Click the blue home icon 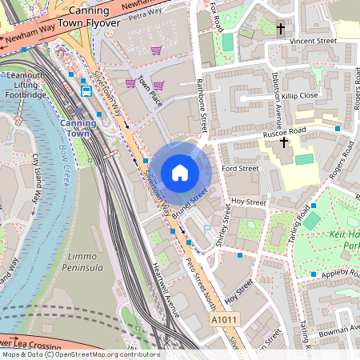point(180,173)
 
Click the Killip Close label point(298,95)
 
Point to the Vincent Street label point(313,40)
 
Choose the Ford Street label point(240,169)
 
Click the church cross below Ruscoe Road point(283,142)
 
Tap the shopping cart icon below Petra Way point(157,50)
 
